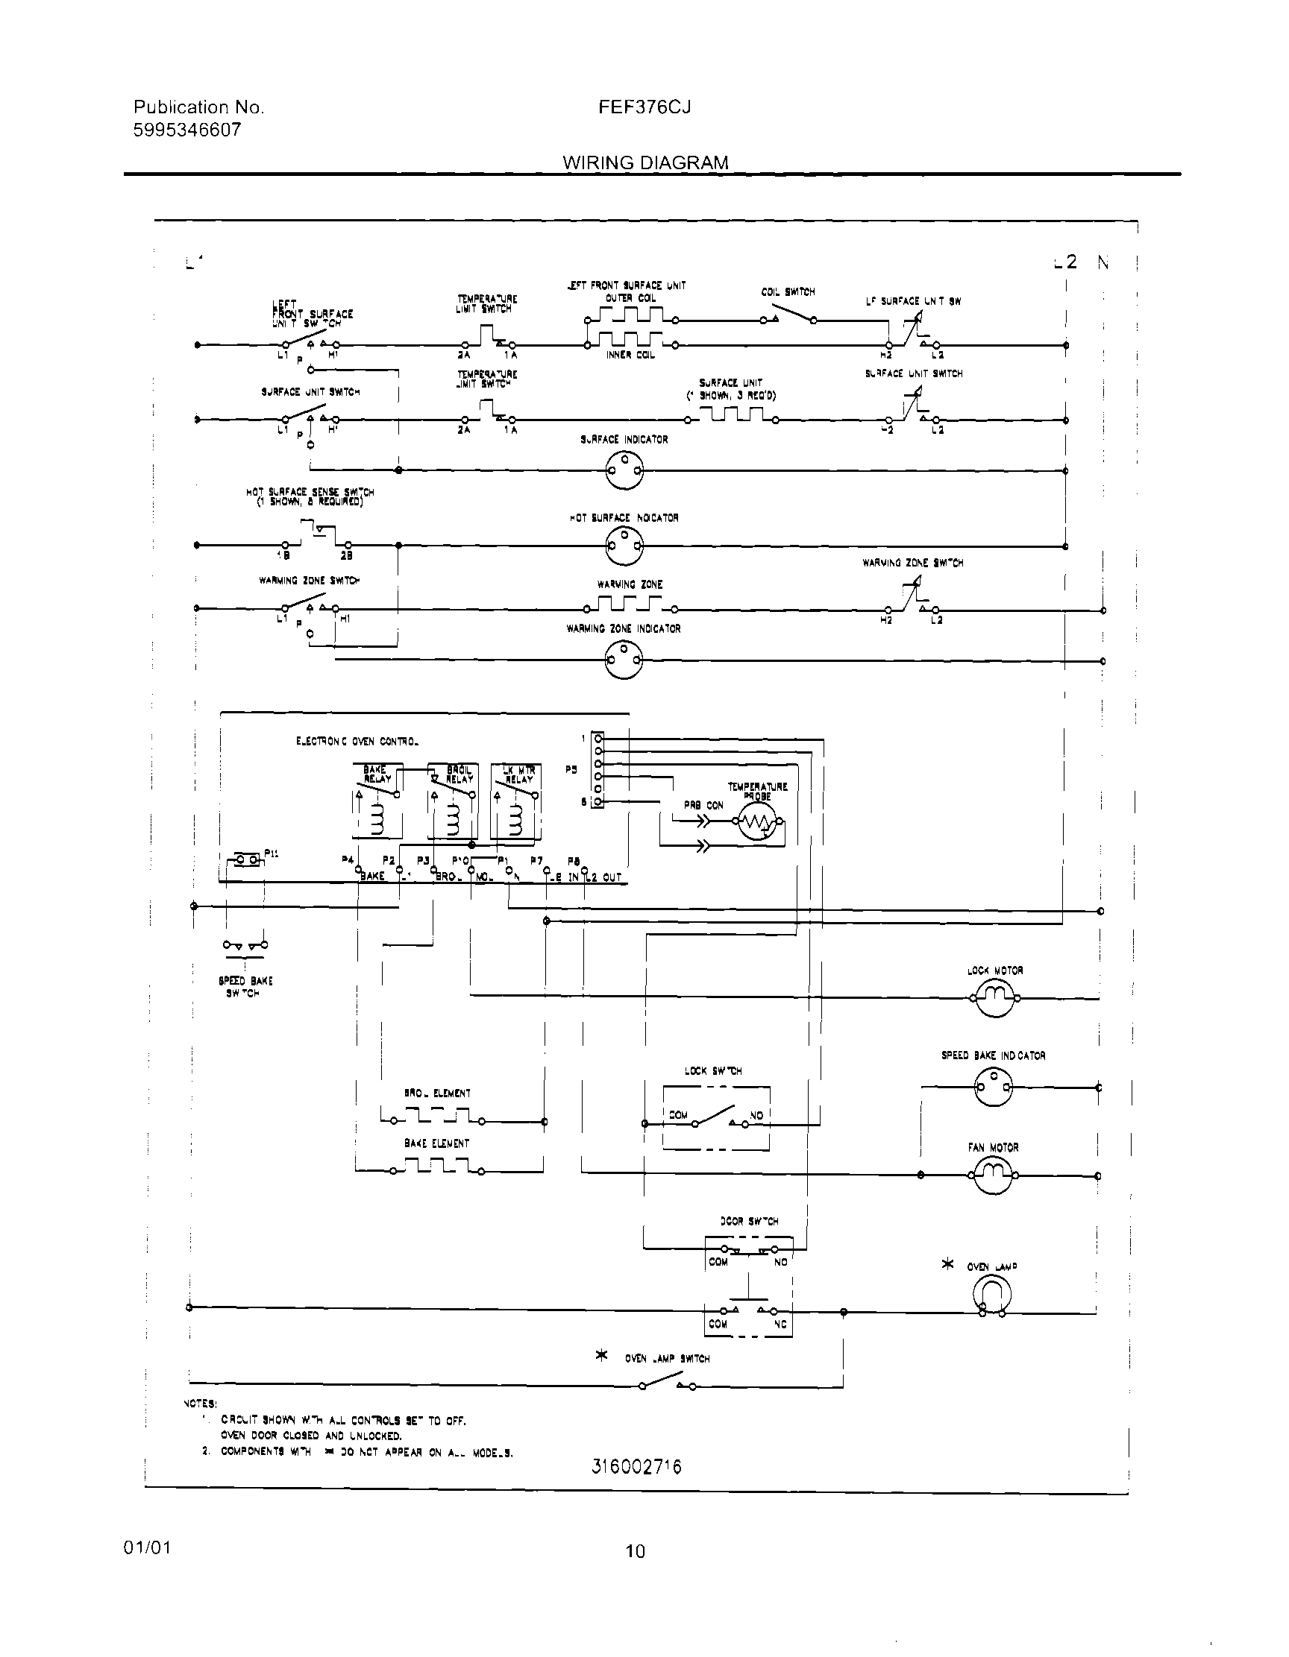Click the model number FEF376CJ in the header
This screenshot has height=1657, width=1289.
(x=644, y=108)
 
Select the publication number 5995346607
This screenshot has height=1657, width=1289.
(x=186, y=130)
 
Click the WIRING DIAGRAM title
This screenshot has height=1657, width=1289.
(x=645, y=163)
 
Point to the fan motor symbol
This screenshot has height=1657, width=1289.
(x=994, y=1175)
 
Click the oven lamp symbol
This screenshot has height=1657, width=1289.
(x=992, y=1294)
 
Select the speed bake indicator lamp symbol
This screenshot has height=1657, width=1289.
(x=994, y=1088)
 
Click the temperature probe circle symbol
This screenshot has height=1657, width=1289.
(x=758, y=821)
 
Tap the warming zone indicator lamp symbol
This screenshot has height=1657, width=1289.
(x=624, y=660)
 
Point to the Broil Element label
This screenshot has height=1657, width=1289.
(x=437, y=1093)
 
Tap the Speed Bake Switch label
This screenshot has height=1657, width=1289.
(x=245, y=987)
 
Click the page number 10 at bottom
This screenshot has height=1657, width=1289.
(x=636, y=1552)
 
